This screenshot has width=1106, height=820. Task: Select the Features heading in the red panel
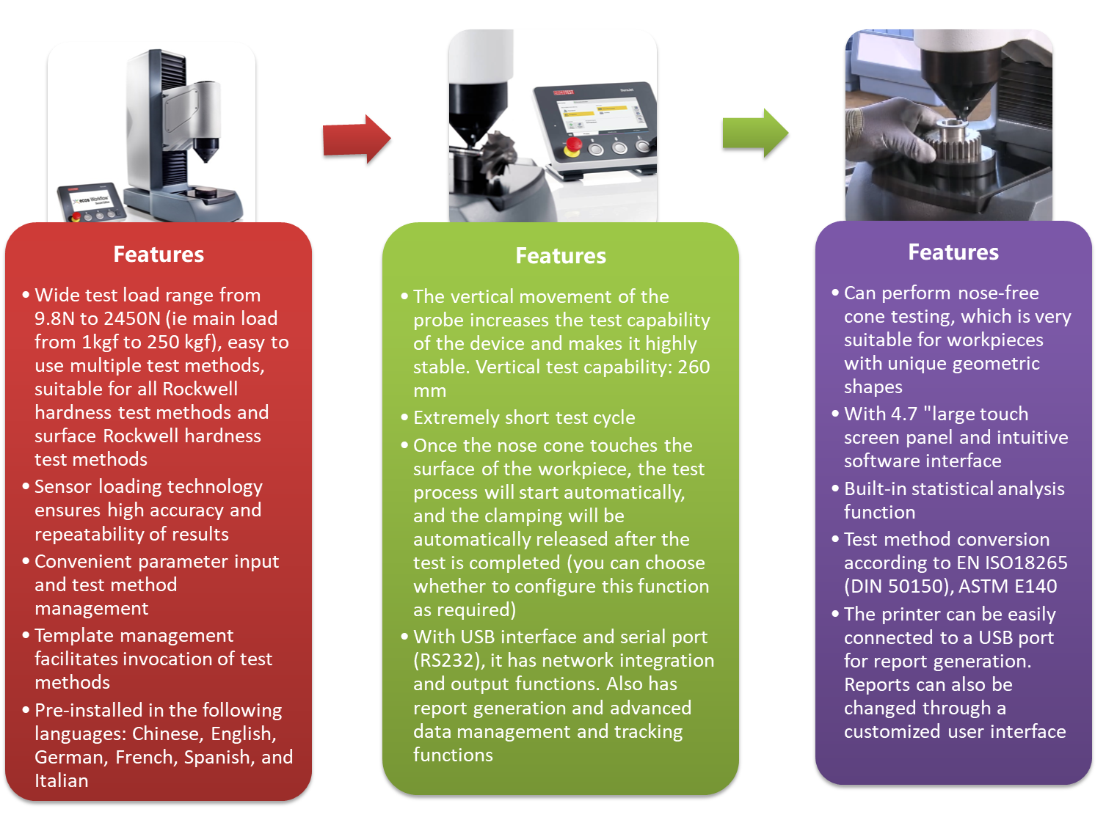click(159, 255)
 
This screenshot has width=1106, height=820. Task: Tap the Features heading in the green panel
click(561, 256)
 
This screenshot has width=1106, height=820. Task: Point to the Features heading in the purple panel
click(953, 252)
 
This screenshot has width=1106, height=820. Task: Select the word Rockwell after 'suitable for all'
click(200, 389)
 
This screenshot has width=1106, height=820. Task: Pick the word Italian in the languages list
click(62, 780)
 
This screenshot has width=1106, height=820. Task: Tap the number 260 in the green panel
click(694, 367)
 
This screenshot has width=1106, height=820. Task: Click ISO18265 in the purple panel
click(1025, 563)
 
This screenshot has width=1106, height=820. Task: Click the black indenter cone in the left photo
click(206, 150)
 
